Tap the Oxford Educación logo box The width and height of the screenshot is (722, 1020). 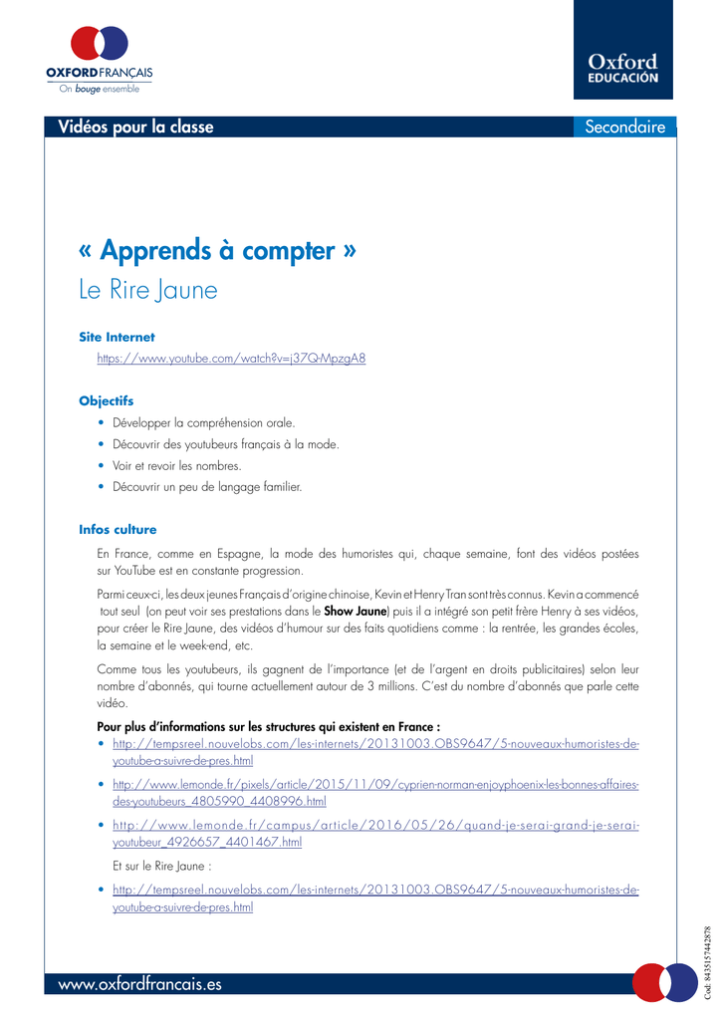622,50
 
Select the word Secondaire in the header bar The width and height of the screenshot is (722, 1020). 624,127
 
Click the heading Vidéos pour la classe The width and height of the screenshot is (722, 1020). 135,127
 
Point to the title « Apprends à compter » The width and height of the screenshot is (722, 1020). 217,249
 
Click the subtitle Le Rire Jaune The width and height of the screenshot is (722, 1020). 147,290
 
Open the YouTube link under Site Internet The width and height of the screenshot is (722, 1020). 231,359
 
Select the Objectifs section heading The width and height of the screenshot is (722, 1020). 107,400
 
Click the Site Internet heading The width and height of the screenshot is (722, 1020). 117,337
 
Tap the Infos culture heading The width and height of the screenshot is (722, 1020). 118,529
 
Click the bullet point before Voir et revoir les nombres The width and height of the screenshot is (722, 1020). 103,465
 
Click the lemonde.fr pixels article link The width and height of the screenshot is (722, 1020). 375,792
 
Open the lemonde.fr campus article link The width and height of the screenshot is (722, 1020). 375,833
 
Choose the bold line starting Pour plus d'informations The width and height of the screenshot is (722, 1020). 269,726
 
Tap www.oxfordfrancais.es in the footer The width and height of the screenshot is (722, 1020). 140,984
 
